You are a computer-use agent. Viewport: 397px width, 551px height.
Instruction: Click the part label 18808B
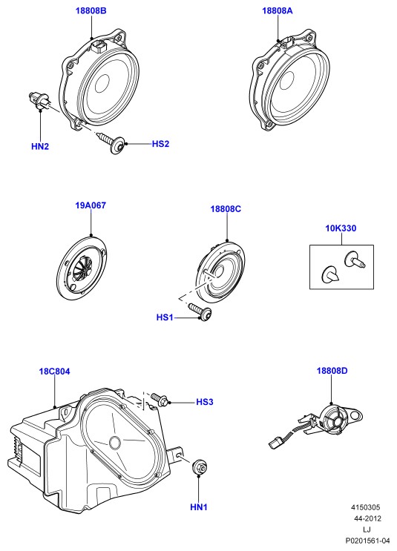pos(91,11)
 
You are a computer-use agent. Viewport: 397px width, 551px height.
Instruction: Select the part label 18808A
pos(277,11)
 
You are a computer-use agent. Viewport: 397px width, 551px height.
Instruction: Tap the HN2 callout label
pos(40,147)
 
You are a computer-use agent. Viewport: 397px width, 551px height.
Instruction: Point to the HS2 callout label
pos(160,144)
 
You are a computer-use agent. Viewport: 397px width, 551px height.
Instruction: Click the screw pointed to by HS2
pos(111,142)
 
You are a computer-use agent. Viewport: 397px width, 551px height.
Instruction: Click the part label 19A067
pos(91,205)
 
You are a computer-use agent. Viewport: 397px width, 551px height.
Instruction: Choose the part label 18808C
pos(226,209)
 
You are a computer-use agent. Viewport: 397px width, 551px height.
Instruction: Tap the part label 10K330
pos(341,228)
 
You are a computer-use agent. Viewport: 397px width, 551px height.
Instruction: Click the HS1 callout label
pos(165,317)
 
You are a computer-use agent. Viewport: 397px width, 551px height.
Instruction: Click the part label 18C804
pos(54,372)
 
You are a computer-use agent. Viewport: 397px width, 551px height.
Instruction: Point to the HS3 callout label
pos(205,402)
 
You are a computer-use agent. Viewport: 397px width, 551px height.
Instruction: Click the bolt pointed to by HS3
pos(160,400)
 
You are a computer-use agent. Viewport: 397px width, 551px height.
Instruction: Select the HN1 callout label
pos(199,507)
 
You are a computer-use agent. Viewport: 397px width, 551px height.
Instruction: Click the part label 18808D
pos(332,371)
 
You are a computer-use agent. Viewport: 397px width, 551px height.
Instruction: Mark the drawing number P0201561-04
pos(367,541)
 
